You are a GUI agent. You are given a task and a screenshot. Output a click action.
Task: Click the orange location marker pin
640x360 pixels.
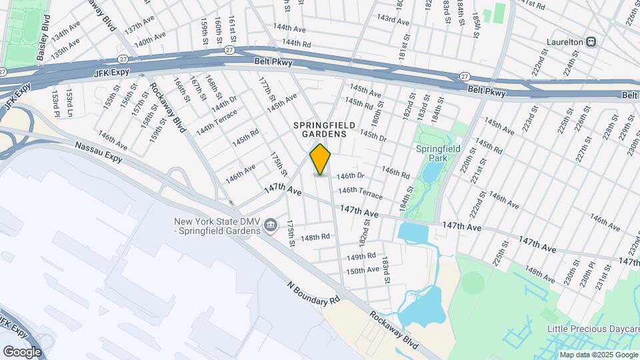click(x=321, y=160)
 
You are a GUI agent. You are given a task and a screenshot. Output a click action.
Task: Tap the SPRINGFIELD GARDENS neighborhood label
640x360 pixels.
click(x=321, y=129)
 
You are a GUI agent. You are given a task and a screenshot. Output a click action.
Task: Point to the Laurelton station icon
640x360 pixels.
click(x=591, y=41)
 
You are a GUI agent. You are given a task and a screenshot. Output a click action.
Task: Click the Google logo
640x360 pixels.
click(x=22, y=351)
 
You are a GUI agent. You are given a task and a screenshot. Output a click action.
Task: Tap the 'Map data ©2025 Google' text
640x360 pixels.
click(x=599, y=355)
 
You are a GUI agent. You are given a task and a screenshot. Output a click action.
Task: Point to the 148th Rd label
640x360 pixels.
click(x=315, y=237)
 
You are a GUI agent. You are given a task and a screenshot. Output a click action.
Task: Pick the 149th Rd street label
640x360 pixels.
click(x=361, y=256)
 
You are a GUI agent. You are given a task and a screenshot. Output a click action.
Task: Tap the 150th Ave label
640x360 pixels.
click(x=363, y=271)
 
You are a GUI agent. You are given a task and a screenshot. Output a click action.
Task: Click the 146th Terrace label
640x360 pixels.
click(x=360, y=192)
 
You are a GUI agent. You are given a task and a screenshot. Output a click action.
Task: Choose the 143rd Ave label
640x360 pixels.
click(x=393, y=20)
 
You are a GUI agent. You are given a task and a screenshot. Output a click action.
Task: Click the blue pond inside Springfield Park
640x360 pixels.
click(x=431, y=172)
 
